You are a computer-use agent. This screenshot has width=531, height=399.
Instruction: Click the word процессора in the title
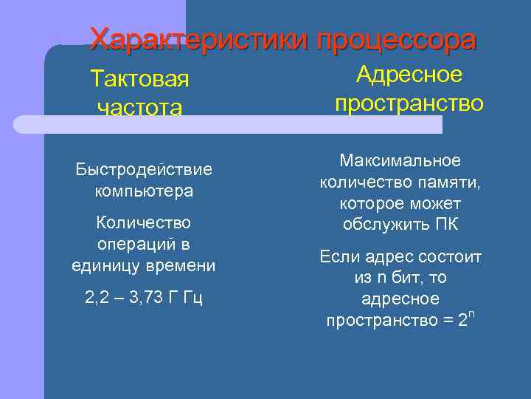pos(396,40)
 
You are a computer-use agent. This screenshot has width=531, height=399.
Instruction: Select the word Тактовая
pos(139,78)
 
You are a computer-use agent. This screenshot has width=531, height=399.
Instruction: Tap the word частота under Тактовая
pos(139,108)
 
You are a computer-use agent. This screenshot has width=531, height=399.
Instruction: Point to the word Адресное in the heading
pos(409,75)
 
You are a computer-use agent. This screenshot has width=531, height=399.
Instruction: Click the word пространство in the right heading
pos(409,103)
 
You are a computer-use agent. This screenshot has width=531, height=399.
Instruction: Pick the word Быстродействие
pos(144,170)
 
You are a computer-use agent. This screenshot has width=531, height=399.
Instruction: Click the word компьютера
pos(144,191)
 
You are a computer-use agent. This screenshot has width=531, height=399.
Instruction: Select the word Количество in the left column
pos(144,222)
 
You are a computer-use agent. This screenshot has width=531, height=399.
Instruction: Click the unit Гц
pos(193,298)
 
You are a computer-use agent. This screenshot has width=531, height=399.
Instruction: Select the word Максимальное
pos(400,160)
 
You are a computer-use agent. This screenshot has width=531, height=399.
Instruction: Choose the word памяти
pos(451,182)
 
